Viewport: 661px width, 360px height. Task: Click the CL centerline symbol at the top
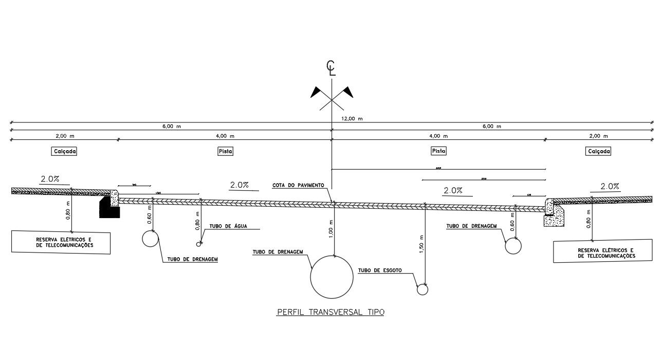pos(331,68)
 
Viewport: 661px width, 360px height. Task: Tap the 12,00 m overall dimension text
pos(352,119)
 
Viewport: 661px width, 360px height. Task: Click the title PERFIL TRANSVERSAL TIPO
pos(330,312)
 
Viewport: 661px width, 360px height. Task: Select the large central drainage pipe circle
pos(332,277)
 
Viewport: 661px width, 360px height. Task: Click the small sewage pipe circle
pos(422,289)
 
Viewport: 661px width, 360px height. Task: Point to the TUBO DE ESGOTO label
pos(380,270)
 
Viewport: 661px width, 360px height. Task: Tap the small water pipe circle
pos(198,244)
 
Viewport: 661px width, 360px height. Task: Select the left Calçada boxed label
pos(64,152)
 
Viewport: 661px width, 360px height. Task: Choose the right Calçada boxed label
pos(598,152)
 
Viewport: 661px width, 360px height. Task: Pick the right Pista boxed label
pos(438,152)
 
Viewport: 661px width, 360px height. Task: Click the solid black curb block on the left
pos(108,208)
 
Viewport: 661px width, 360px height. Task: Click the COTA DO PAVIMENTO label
pos(301,185)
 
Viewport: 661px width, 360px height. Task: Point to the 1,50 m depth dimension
pos(421,244)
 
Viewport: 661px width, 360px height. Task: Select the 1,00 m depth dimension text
pos(330,229)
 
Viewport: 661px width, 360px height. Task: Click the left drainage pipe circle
pos(151,238)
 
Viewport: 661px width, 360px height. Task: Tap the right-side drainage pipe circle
pos(513,246)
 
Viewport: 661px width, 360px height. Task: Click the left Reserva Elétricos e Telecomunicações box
pos(61,242)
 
